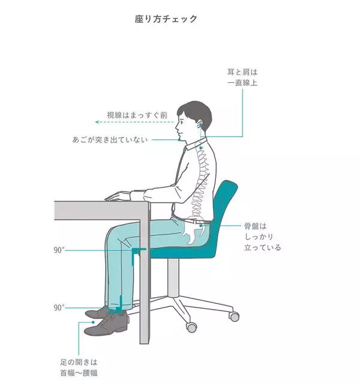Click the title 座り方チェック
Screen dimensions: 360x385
click(166, 19)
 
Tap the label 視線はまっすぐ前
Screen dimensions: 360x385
click(137, 115)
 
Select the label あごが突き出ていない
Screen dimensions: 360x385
click(110, 140)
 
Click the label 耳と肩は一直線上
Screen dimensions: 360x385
click(242, 77)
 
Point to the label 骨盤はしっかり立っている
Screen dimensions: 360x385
click(262, 237)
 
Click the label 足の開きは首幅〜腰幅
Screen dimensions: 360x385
click(79, 368)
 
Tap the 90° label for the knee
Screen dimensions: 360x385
click(59, 250)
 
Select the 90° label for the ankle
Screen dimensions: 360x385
click(59, 308)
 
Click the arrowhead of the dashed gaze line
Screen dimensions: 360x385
click(97, 122)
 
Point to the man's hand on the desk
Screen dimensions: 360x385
click(117, 196)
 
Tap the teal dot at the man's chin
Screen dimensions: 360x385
click(179, 140)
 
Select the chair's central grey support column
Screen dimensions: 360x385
click(173, 277)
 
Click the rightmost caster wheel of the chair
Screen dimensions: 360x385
click(235, 317)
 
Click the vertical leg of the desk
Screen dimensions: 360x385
click(145, 273)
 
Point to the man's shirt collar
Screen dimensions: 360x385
click(197, 144)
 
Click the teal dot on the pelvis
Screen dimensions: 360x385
click(200, 225)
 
